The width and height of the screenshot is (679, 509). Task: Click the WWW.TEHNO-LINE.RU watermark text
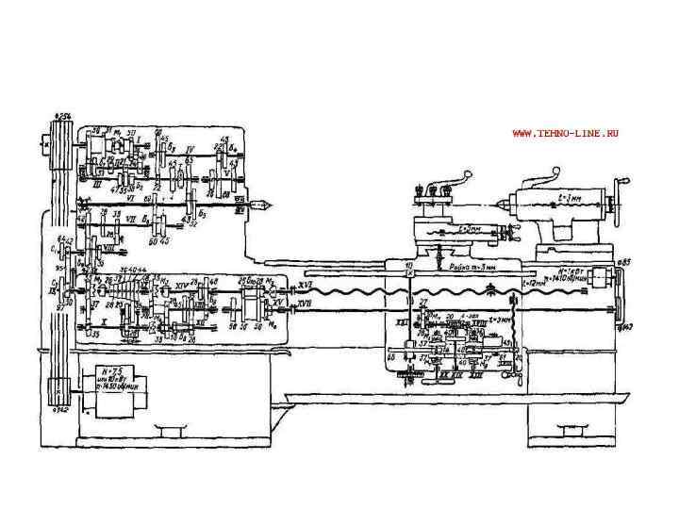(x=565, y=134)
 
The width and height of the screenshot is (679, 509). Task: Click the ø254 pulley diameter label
(x=65, y=115)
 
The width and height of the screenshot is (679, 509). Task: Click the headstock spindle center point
(x=267, y=202)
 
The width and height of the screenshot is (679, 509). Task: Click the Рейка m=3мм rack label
(x=472, y=268)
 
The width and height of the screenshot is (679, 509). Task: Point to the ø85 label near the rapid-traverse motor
(x=623, y=261)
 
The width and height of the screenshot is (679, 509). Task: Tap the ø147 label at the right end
(x=625, y=326)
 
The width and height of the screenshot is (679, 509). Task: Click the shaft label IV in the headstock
(x=190, y=149)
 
